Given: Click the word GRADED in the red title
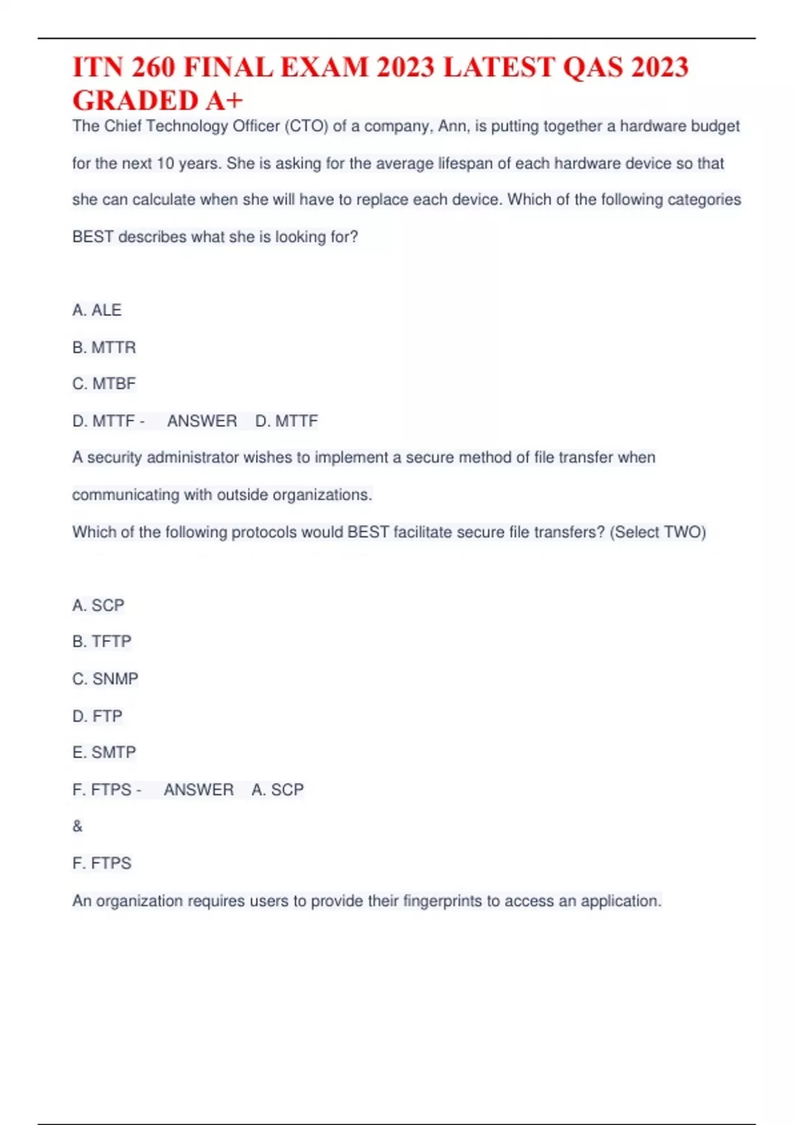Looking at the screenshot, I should [x=135, y=101].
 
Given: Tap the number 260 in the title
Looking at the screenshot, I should [x=153, y=67].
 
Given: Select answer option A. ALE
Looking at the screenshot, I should [x=97, y=310].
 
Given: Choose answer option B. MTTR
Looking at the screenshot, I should [x=104, y=347].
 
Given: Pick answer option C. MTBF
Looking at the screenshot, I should [x=104, y=384].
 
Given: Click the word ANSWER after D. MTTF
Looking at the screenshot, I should [x=202, y=421].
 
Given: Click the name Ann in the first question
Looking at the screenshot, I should [x=452, y=126].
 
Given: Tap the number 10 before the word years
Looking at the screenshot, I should [x=165, y=163].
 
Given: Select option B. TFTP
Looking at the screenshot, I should [x=102, y=641].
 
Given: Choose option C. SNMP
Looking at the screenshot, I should [x=105, y=679].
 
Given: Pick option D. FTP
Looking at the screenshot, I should [x=97, y=716].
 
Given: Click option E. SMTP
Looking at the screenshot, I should [x=104, y=752].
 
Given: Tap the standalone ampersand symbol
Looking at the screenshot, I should [x=77, y=827].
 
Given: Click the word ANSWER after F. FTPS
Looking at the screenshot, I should [x=198, y=789].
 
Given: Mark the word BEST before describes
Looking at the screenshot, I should [x=93, y=237].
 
